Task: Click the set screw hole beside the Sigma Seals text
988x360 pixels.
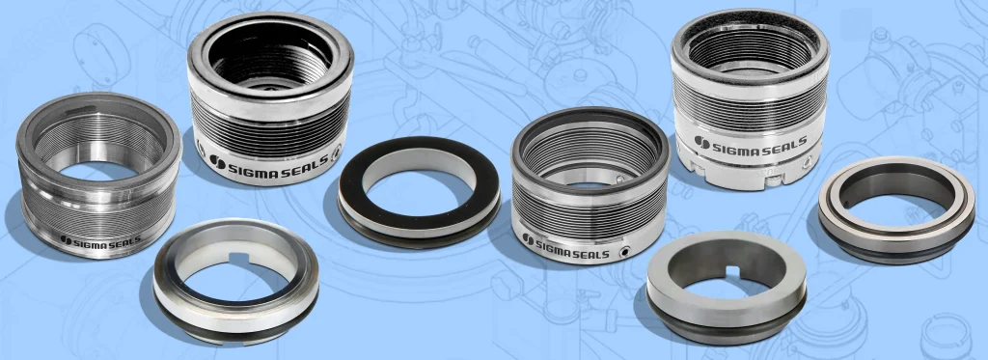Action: tap(624, 252)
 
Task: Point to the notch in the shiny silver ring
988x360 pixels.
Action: tap(238, 258)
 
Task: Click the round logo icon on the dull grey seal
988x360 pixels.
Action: tap(66, 239)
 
